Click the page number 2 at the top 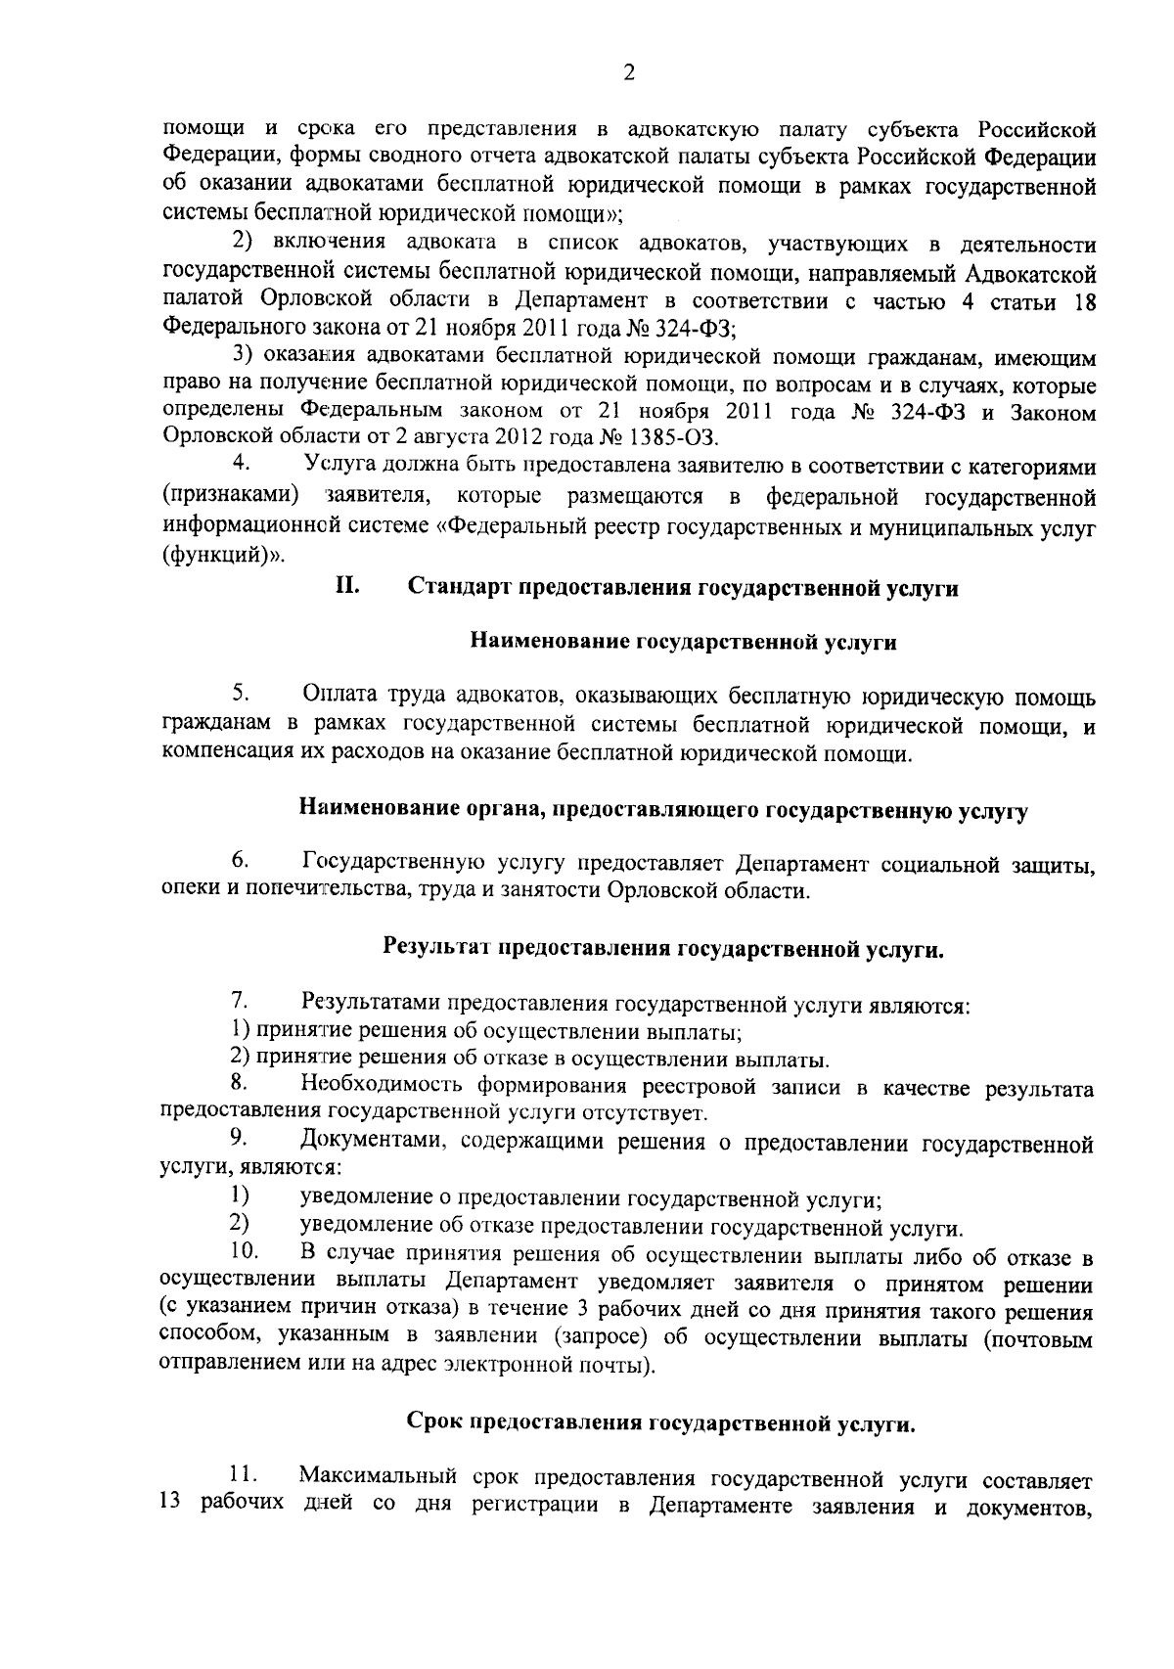point(629,73)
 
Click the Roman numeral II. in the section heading point(348,587)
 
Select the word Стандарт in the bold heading point(457,588)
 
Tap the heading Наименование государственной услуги point(684,643)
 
